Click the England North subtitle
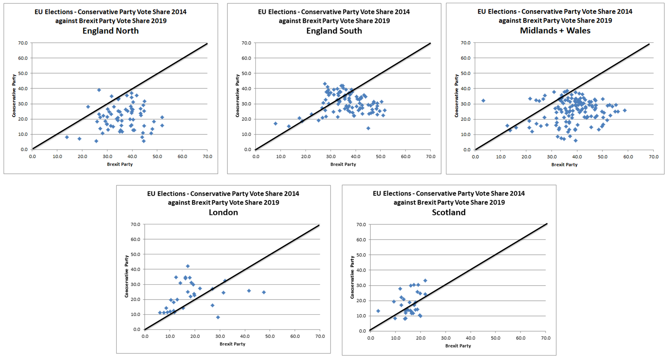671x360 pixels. click(x=111, y=31)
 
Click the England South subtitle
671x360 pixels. click(x=334, y=31)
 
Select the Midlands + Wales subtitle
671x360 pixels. click(x=555, y=31)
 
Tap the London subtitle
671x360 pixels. click(x=223, y=212)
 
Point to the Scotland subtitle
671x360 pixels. click(x=449, y=212)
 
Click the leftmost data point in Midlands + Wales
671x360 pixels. click(x=483, y=101)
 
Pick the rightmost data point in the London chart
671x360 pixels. click(x=264, y=292)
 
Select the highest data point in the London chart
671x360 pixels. click(x=188, y=266)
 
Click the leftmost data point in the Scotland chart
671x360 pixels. click(x=378, y=311)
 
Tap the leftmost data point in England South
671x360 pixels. click(x=275, y=124)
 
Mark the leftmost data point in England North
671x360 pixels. click(x=67, y=137)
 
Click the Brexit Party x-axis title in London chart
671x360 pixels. click(x=232, y=344)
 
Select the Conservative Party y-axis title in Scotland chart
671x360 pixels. click(x=352, y=277)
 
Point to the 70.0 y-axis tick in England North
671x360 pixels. click(x=23, y=43)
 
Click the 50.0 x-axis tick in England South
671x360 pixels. click(x=380, y=157)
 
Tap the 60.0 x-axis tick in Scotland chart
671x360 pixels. click(x=521, y=338)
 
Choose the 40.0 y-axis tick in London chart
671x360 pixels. click(x=136, y=269)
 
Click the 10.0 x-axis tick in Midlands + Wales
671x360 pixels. click(x=501, y=157)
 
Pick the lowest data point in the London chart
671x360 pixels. click(x=218, y=317)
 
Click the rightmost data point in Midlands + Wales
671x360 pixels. click(x=625, y=111)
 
